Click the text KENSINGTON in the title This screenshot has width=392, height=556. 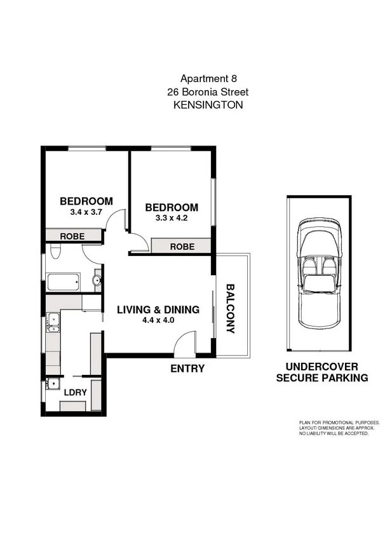[208, 105]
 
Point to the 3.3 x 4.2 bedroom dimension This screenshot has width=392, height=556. [171, 218]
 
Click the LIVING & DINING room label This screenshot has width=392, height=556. [158, 310]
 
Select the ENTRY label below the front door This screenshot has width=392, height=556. [187, 369]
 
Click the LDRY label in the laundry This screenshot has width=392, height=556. [73, 392]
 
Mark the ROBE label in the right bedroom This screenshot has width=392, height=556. [182, 247]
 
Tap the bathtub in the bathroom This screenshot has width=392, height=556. [62, 281]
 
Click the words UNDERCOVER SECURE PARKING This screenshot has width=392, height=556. [321, 372]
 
